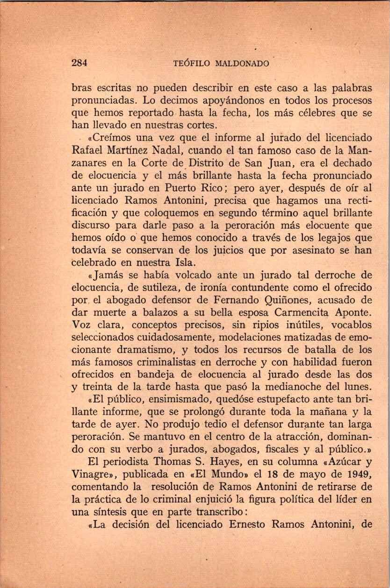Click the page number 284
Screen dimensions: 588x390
pyautogui.click(x=80, y=64)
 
